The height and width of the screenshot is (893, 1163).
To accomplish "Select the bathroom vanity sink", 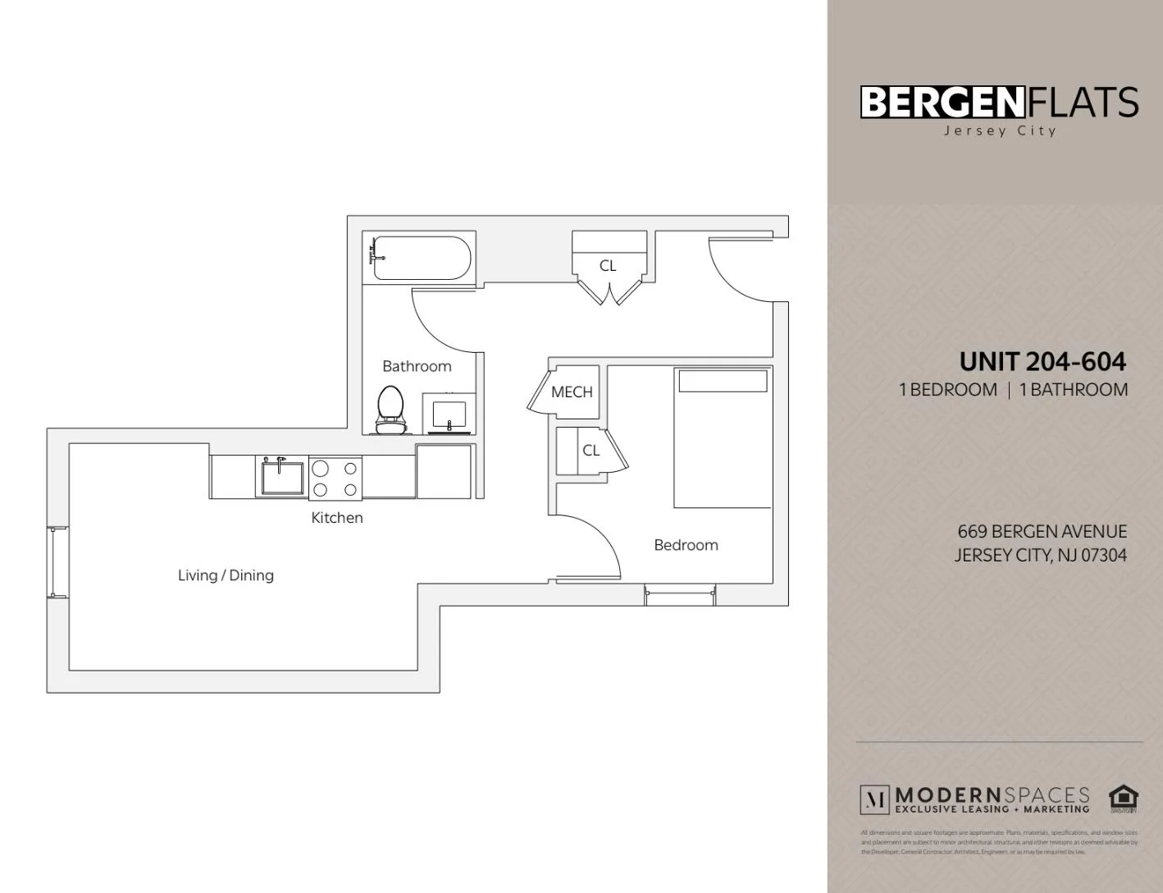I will click(449, 414).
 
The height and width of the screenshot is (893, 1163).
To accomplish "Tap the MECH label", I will click(572, 392).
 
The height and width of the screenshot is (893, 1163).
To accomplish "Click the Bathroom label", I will click(417, 366).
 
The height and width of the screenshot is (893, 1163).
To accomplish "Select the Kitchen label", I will click(336, 518).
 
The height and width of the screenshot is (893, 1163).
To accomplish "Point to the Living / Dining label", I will click(226, 575).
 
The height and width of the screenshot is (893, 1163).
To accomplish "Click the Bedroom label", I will click(686, 545).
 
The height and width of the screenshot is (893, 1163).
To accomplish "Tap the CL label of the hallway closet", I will click(608, 265).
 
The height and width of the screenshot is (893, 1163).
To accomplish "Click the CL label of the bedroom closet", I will click(591, 451).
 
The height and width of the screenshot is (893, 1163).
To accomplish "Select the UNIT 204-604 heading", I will click(1042, 361).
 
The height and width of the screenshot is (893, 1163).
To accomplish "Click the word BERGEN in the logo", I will click(942, 103).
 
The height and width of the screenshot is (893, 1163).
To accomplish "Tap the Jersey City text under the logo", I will click(1000, 131).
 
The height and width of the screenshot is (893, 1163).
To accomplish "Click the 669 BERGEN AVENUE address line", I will click(1042, 532).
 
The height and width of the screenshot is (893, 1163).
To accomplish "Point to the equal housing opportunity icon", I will click(1123, 798).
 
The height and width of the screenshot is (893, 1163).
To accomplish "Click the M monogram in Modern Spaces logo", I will click(874, 799).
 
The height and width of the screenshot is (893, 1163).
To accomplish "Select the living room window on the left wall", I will click(57, 562).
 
